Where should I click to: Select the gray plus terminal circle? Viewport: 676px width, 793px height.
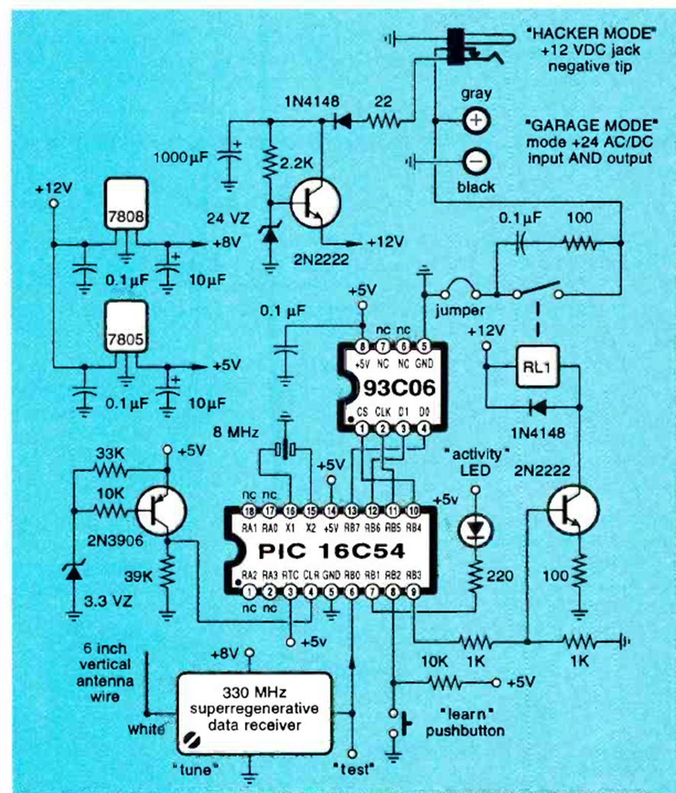click(475, 121)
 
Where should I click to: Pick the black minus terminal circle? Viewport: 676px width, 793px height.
click(475, 161)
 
